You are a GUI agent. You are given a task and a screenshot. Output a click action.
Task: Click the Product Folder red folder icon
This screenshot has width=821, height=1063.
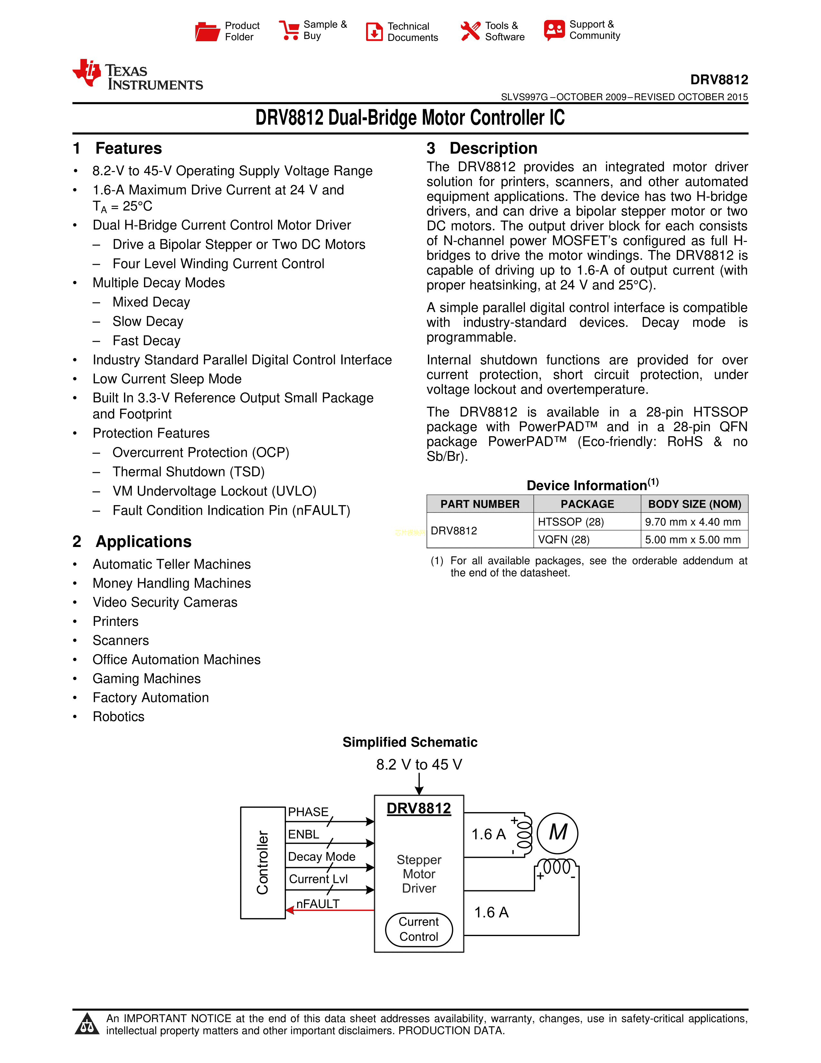[207, 32]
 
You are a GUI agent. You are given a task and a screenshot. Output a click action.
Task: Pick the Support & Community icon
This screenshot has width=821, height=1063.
[554, 30]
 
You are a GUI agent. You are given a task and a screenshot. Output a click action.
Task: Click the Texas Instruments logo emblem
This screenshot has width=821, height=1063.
[87, 73]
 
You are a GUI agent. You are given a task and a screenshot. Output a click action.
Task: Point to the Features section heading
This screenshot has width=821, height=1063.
[128, 148]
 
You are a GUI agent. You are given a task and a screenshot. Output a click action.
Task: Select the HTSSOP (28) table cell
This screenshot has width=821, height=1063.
[571, 522]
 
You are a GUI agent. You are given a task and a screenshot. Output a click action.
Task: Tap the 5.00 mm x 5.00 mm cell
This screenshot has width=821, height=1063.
[693, 539]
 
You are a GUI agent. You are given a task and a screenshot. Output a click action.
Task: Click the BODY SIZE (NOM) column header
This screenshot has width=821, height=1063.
[694, 504]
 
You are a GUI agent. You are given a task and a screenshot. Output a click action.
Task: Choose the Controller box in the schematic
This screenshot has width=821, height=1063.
[263, 862]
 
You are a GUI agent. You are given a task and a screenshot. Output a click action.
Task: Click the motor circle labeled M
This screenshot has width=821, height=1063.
[558, 833]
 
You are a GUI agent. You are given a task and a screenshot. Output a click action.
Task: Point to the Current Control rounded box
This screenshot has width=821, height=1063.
[419, 929]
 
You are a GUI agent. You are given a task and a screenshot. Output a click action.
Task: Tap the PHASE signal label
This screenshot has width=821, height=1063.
[308, 811]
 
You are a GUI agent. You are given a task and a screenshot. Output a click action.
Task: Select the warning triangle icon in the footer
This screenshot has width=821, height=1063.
[87, 1024]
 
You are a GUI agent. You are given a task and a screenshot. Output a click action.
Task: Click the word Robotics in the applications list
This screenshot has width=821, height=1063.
[119, 716]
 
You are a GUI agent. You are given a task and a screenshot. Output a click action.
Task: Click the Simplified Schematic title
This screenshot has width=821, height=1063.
[410, 742]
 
